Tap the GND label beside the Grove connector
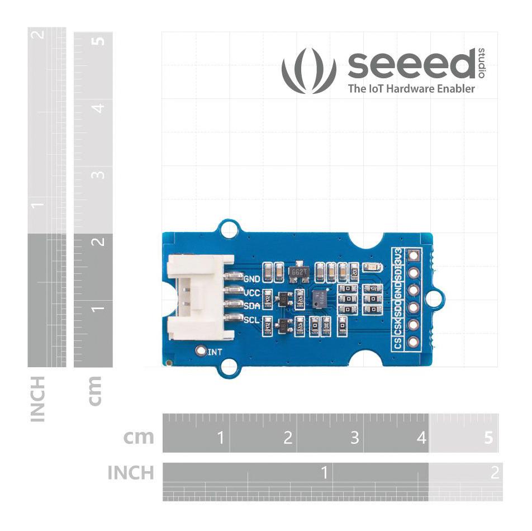click(252, 278)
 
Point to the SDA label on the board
click(252, 306)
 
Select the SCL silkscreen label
click(252, 320)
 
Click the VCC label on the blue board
click(252, 292)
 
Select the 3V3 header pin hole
click(414, 257)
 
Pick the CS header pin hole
click(414, 342)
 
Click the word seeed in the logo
click(411, 65)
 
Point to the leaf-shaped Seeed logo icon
click(309, 70)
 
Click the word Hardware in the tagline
click(403, 88)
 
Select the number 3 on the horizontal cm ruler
click(354, 438)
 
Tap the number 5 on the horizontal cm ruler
click(489, 438)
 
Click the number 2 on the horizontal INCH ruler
click(494, 473)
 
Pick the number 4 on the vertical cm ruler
click(99, 107)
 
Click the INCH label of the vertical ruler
click(37, 399)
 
